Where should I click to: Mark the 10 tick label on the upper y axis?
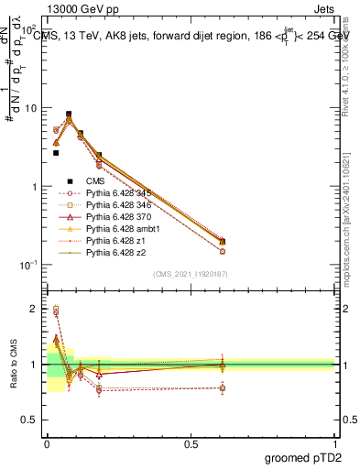coord(30,108)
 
